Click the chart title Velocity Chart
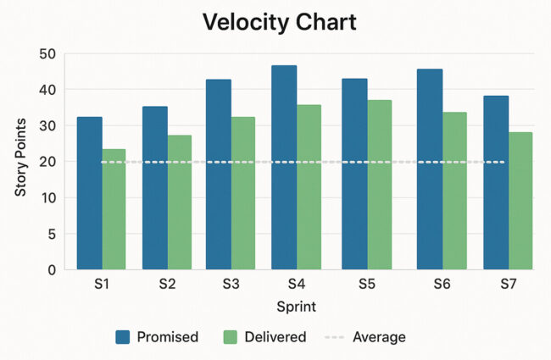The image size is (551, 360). [x=275, y=22]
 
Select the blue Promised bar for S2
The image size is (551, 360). [x=154, y=188]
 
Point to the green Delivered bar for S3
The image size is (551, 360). [x=243, y=193]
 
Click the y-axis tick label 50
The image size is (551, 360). [x=47, y=54]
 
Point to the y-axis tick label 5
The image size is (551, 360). [x=52, y=234]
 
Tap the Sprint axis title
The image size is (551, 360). [x=297, y=306]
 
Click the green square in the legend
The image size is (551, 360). [x=228, y=337]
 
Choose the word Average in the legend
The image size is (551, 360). [x=379, y=337]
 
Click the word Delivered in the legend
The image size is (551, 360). [x=275, y=337]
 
